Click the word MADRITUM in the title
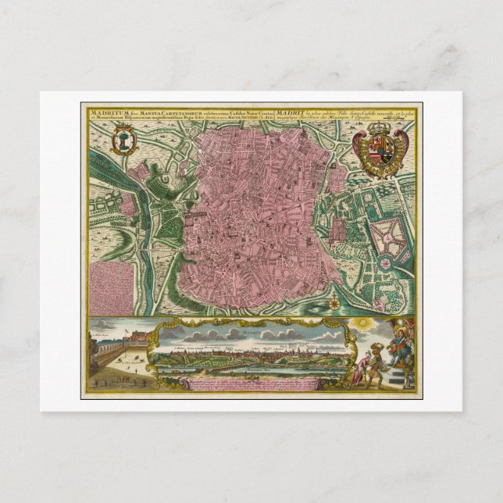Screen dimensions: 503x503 [102, 111]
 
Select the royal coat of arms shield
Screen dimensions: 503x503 [380, 148]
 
